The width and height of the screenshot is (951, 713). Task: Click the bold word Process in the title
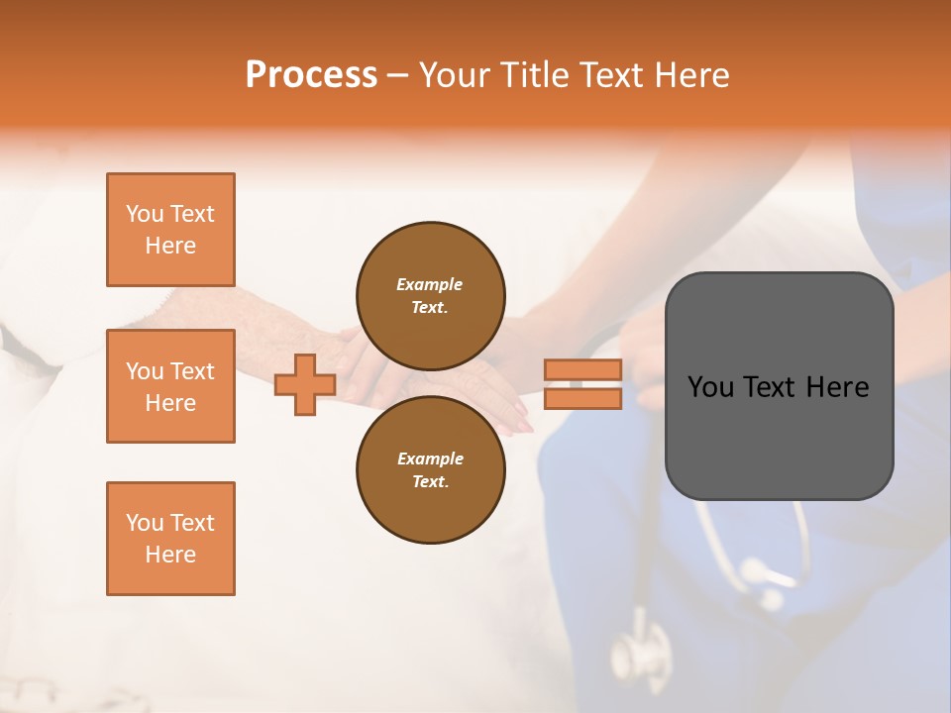311,75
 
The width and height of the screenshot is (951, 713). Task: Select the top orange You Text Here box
170,230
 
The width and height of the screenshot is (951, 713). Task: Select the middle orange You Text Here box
170,386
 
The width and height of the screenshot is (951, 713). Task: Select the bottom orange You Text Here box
170,539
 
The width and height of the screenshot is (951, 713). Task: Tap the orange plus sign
304,384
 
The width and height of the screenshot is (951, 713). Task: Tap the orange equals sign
582,384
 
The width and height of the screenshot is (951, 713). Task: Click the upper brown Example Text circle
430,295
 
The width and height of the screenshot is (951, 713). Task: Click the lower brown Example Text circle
430,469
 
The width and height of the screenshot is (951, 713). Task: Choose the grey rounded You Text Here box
779,386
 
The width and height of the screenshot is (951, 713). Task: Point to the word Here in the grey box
837,387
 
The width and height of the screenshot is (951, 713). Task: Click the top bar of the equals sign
582,370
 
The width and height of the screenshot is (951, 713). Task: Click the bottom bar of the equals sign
582,399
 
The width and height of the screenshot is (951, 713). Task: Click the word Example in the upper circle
430,284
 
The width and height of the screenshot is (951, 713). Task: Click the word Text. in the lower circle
430,481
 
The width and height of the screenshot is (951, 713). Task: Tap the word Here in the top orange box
170,246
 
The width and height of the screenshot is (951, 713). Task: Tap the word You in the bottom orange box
145,523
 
